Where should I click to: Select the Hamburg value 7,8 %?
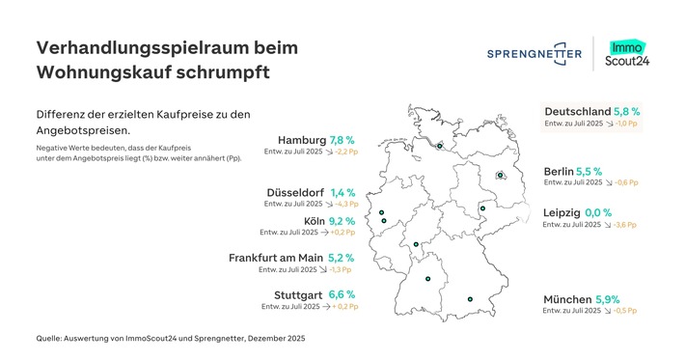[342, 139]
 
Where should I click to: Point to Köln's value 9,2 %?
[342, 221]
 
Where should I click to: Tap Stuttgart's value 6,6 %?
[342, 294]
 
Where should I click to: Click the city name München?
[569, 299]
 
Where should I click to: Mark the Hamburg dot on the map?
[440, 148]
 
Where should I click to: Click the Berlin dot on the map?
[500, 175]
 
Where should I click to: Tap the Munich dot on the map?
[470, 300]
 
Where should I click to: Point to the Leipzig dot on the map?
[482, 208]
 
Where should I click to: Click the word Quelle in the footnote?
[51, 337]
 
